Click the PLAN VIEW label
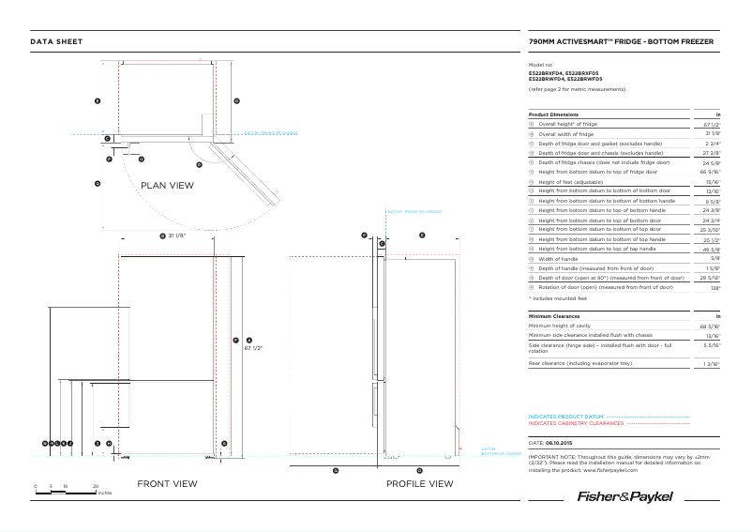(167, 186)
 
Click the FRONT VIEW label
(167, 484)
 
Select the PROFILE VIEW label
(419, 484)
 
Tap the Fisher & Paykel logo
(624, 495)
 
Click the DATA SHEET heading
(56, 42)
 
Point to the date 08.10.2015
(560, 441)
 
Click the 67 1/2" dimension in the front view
(253, 347)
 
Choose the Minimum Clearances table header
(554, 317)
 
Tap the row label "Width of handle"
(558, 259)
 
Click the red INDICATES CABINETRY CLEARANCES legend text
(576, 423)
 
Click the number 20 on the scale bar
(96, 486)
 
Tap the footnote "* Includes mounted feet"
(556, 297)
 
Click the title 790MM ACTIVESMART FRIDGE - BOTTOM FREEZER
(622, 42)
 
